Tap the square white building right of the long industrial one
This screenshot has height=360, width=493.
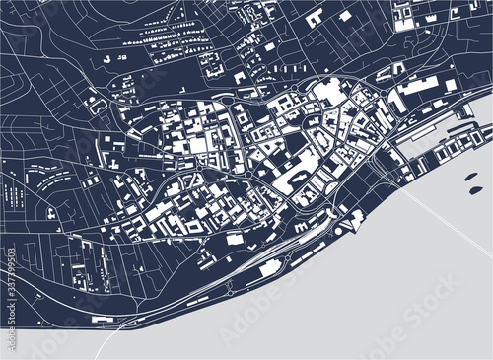[x=451, y=85]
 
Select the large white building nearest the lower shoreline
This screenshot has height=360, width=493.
[x=234, y=238]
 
